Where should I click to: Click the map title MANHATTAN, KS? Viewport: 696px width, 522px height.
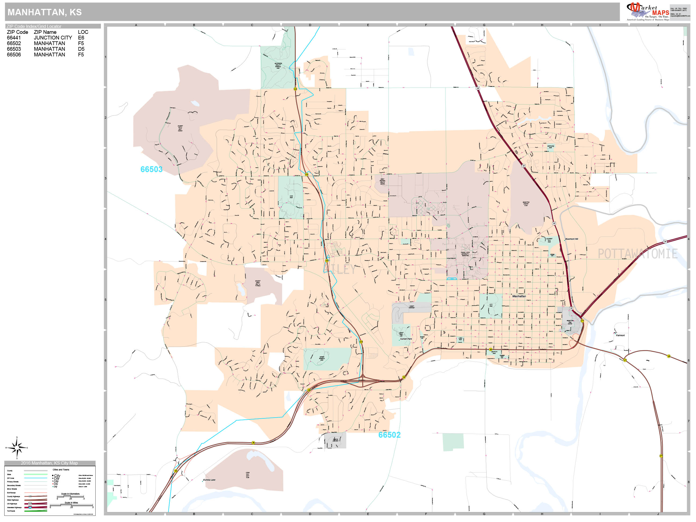click(44, 12)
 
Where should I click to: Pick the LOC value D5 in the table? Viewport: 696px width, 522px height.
click(81, 49)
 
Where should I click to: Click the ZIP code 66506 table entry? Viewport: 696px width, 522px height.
click(14, 55)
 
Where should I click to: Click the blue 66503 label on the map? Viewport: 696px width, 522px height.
click(151, 169)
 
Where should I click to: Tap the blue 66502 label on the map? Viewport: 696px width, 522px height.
click(389, 435)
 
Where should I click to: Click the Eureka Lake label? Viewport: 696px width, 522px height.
click(209, 480)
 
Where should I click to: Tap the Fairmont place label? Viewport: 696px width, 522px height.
click(620, 335)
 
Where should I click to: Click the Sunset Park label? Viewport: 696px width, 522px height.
click(406, 339)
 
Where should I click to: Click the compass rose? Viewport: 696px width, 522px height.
click(17, 447)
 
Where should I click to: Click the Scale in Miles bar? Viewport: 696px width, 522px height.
click(72, 506)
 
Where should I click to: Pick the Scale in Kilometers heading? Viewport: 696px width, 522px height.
click(70, 494)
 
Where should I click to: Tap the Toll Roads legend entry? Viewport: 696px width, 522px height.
click(11, 511)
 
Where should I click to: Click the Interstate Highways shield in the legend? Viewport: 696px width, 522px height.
click(30, 508)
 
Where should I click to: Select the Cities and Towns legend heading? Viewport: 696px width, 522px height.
click(61, 469)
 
